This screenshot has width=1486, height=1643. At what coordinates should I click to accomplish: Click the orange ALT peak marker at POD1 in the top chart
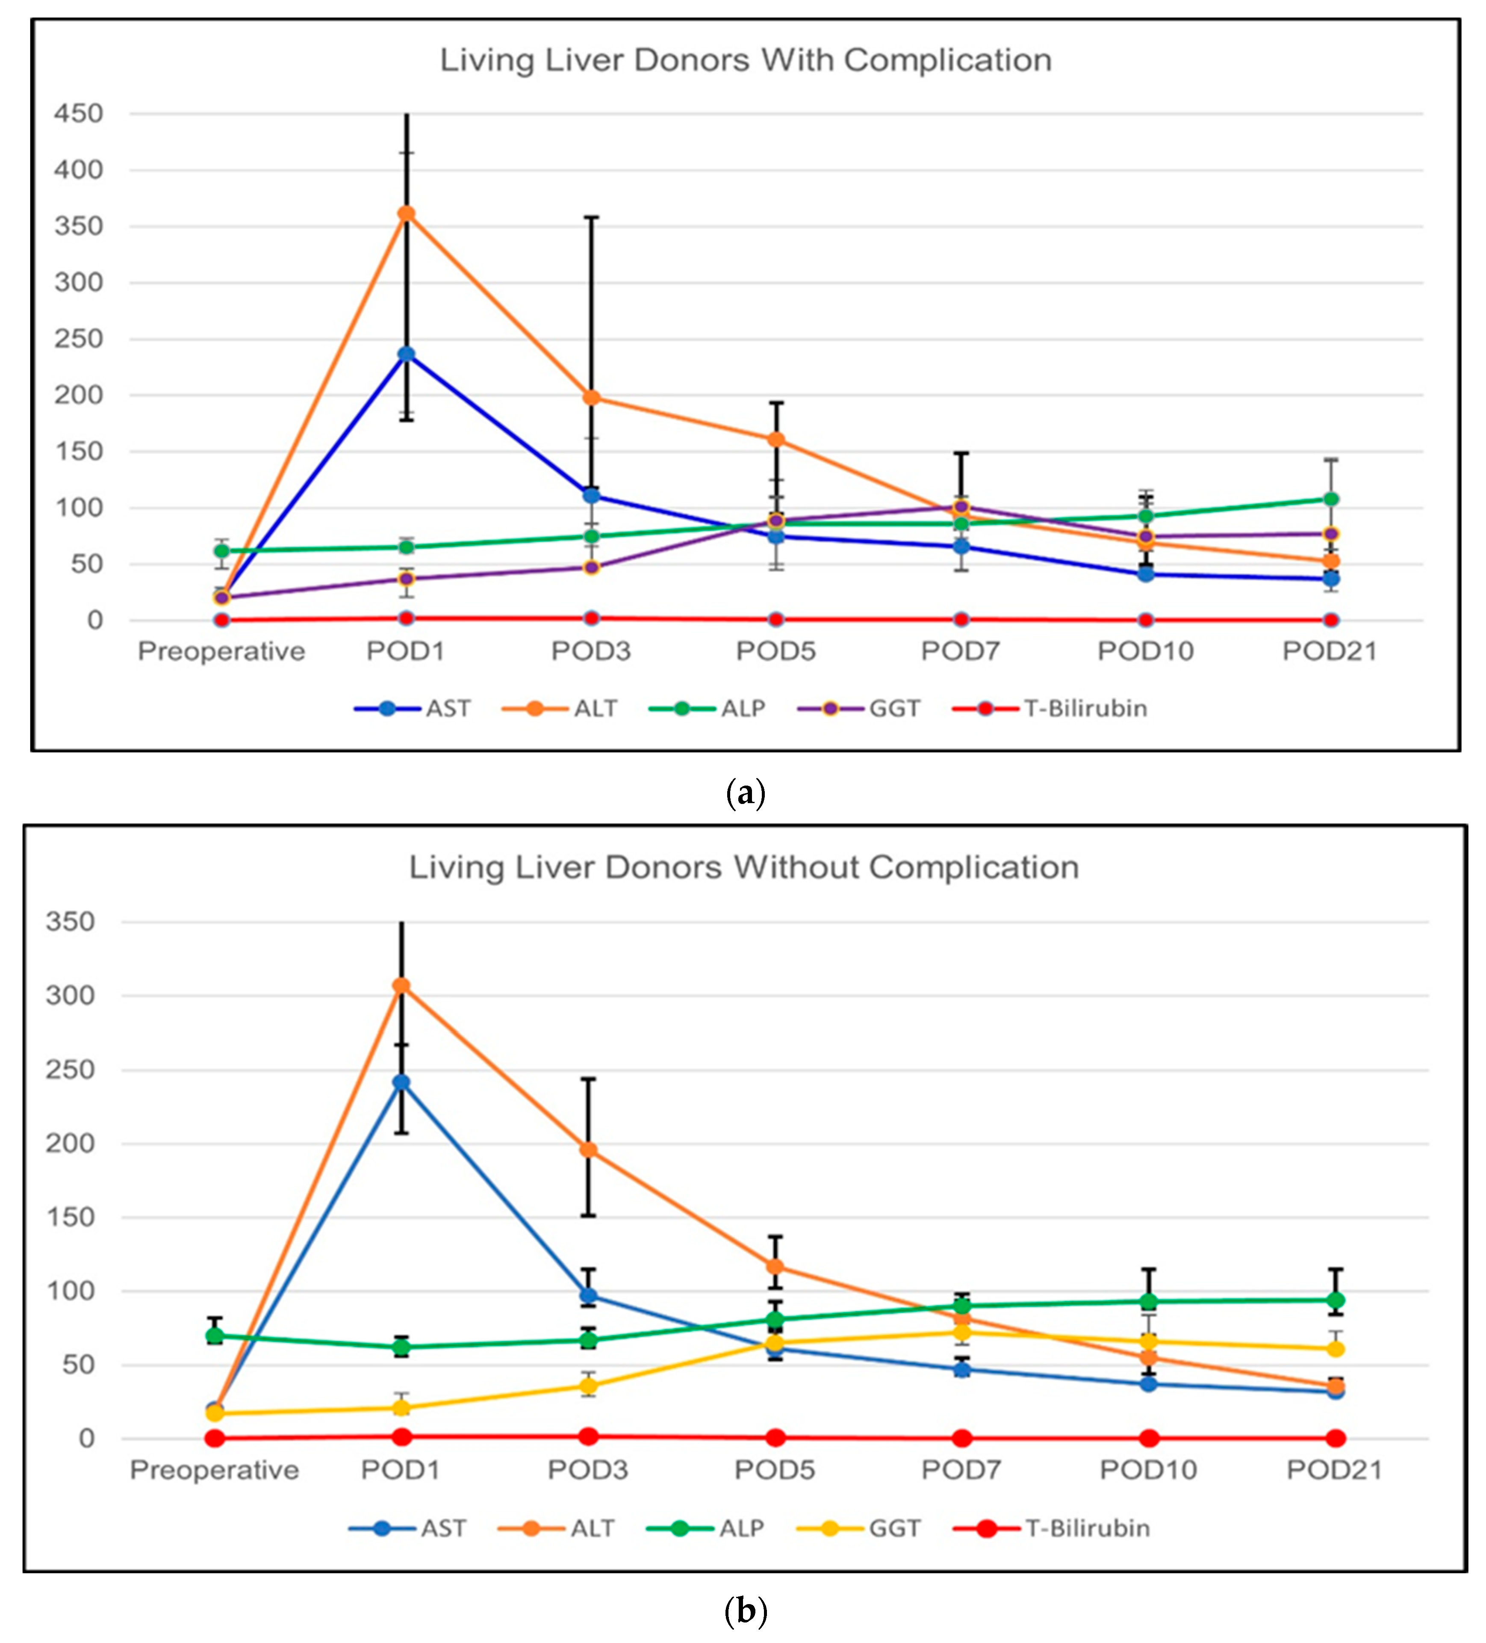(x=406, y=213)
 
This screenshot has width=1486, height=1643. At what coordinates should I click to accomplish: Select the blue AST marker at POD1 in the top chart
(x=406, y=355)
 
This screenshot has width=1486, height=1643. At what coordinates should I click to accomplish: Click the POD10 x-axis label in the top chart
(x=1145, y=651)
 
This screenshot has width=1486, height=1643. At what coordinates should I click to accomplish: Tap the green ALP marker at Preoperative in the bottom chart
(x=214, y=1335)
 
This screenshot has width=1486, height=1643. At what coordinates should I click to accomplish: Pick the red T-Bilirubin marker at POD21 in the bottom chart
(x=1335, y=1439)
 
